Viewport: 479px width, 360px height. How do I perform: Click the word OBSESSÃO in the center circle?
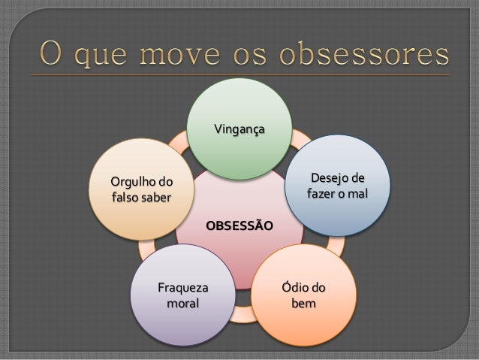239,225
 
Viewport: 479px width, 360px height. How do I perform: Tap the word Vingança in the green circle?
239,130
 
